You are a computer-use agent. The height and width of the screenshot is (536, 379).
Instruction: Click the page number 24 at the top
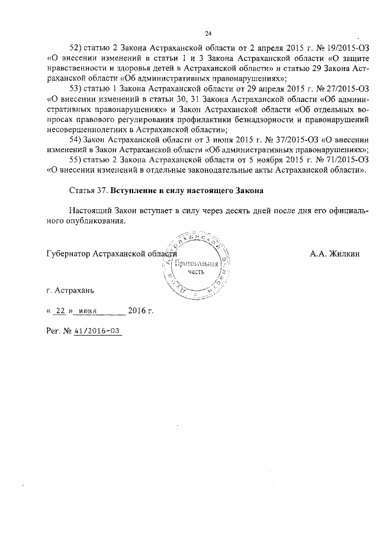(208, 33)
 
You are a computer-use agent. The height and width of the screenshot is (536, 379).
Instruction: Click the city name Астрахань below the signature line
(73, 291)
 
